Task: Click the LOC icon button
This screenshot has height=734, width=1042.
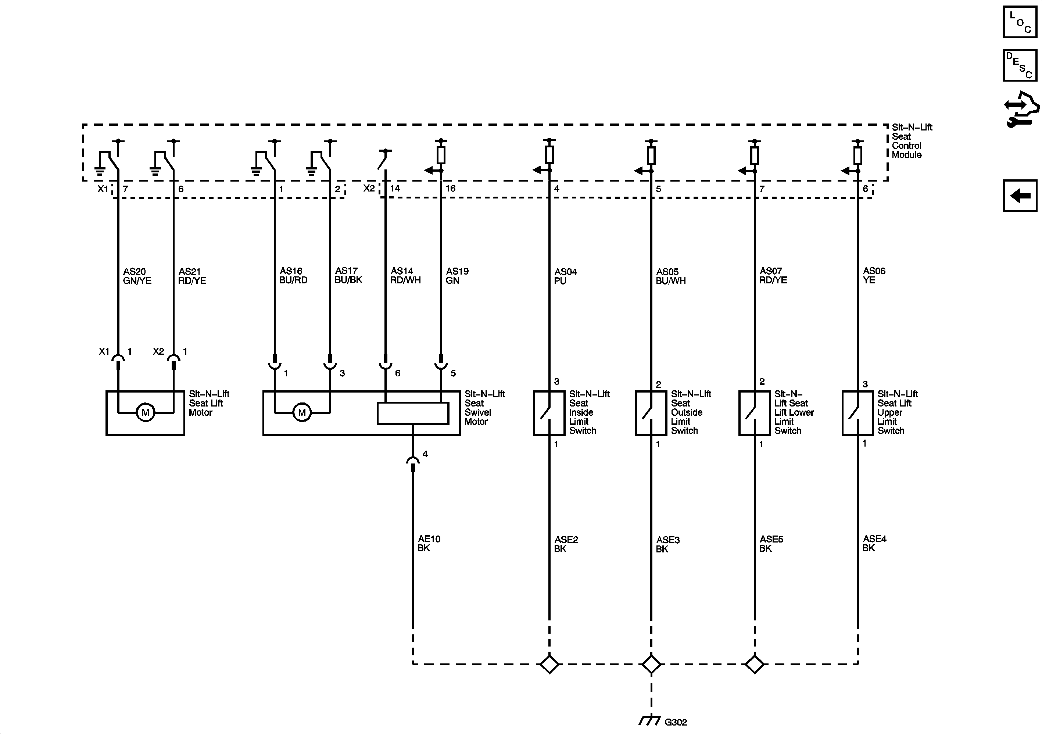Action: point(1020,21)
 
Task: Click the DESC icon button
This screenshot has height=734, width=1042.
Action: point(1020,65)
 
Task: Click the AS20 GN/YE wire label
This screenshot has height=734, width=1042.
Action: point(137,276)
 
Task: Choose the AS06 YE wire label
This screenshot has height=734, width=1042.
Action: point(874,276)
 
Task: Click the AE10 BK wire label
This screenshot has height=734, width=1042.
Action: point(429,543)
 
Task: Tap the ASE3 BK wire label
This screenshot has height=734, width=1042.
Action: point(667,544)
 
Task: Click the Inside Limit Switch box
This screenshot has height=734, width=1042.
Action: point(549,413)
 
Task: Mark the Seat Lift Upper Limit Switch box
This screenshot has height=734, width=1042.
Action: point(857,413)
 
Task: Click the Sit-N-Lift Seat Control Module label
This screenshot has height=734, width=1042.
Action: point(911,141)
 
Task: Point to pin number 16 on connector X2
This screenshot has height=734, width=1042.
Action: point(450,189)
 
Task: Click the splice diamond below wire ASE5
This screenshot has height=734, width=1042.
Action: point(754,665)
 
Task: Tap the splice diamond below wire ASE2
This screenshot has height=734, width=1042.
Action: point(549,665)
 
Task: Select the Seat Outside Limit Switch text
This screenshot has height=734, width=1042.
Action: point(690,412)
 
